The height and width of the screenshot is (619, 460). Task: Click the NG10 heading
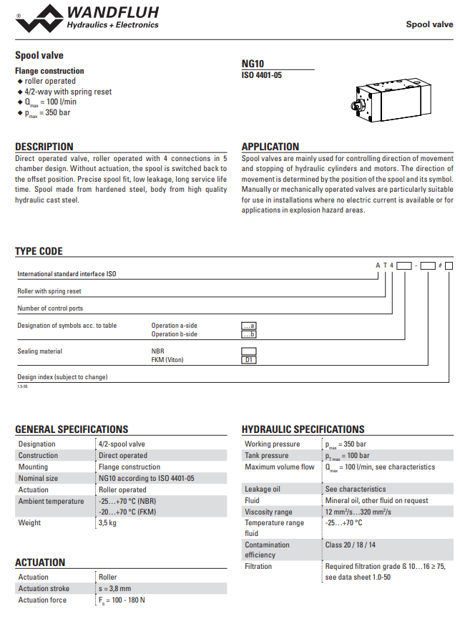(x=253, y=64)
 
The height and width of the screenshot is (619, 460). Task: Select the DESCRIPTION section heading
(x=44, y=147)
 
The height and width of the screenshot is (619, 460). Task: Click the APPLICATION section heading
(x=270, y=147)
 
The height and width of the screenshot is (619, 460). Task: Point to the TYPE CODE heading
(x=39, y=251)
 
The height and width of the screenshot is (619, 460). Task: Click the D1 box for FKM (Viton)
(x=249, y=360)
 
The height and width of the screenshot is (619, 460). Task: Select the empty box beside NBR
(x=249, y=351)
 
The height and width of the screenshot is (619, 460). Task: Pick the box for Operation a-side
(x=249, y=326)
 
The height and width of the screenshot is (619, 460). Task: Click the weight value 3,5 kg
(x=108, y=523)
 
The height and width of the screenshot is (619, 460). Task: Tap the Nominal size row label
(x=39, y=478)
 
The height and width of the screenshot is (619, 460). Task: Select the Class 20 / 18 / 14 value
(x=351, y=545)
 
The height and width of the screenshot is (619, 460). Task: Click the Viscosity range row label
(x=268, y=512)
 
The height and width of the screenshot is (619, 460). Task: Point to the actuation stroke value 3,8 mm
(x=116, y=588)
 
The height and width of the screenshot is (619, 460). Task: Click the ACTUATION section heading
(x=40, y=562)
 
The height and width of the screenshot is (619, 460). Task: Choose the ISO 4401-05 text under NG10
(x=262, y=75)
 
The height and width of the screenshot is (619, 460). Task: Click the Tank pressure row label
(x=267, y=455)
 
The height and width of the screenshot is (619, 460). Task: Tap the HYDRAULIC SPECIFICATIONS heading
(x=303, y=429)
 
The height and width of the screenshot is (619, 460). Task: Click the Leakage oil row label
(x=263, y=489)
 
